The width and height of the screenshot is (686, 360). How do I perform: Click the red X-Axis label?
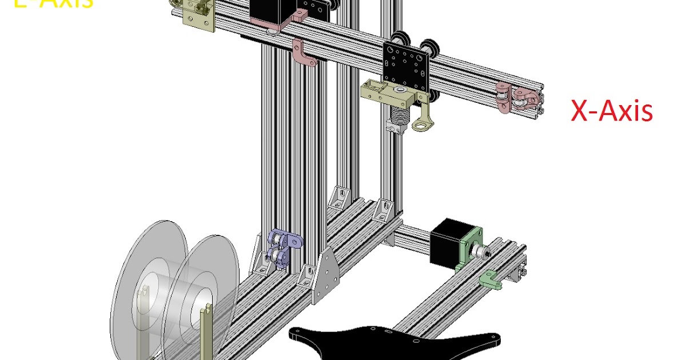(x=612, y=111)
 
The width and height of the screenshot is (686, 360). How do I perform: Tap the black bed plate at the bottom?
(x=394, y=343)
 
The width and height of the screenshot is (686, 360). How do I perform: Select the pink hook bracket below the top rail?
(x=302, y=53)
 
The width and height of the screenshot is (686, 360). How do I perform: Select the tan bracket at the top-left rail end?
(x=198, y=17)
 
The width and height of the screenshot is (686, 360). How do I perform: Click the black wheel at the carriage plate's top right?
(x=428, y=47)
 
